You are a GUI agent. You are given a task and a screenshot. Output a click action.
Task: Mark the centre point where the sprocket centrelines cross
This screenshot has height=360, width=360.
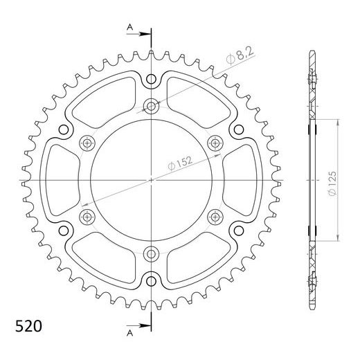[151, 179]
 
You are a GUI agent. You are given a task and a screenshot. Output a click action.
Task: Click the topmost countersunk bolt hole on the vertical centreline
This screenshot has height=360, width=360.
[151, 105]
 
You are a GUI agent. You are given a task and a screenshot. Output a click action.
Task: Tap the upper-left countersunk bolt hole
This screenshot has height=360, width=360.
[87, 143]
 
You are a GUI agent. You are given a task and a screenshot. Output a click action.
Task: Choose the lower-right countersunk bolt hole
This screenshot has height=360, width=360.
[215, 217]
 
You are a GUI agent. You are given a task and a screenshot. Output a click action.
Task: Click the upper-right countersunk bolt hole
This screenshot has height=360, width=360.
[215, 143]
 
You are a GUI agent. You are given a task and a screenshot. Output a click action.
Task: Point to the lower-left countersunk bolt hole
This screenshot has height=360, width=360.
[87, 217]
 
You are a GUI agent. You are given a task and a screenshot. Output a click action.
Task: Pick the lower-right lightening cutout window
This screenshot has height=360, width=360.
[197, 256]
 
